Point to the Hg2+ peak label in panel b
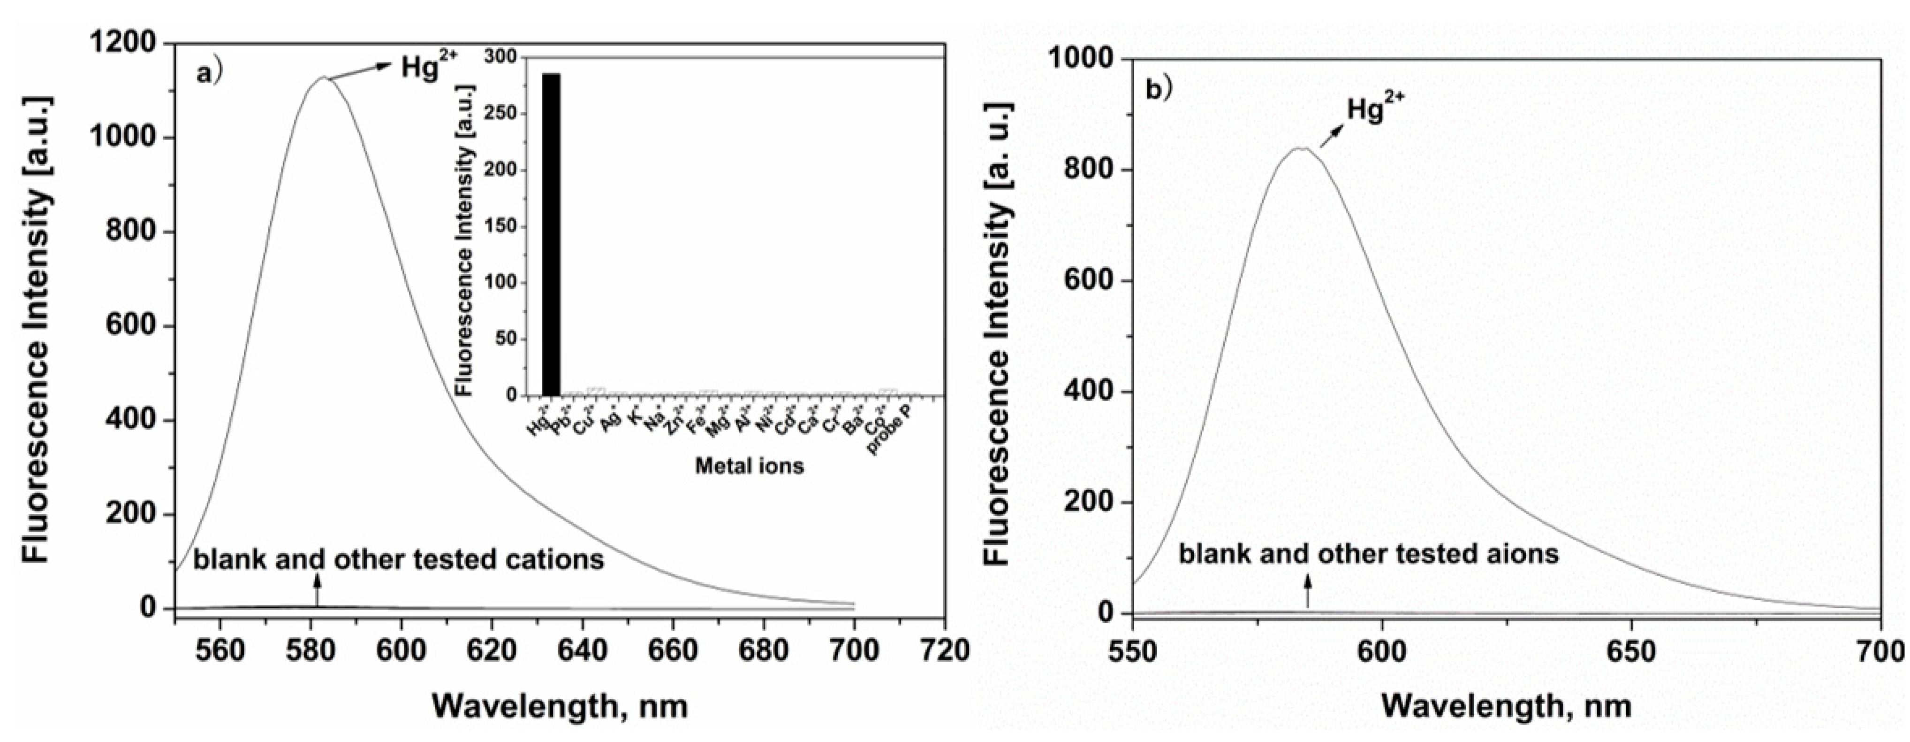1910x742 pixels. pos(1375,110)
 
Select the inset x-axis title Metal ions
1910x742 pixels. pos(749,466)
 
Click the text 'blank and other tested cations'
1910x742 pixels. pos(399,559)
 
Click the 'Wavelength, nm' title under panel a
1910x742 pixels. pos(560,706)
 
